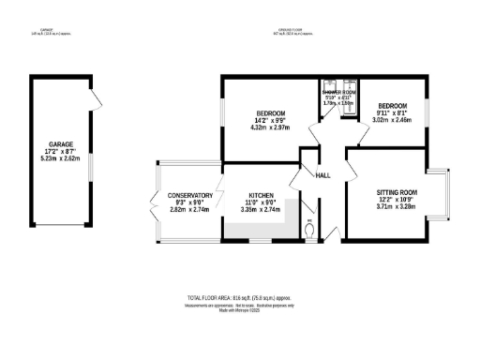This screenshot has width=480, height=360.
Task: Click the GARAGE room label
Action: pos(61,143)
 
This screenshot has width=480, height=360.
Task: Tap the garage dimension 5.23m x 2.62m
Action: pos(61,158)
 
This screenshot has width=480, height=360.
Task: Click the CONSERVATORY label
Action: pos(187,196)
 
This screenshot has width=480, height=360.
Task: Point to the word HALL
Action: pos(322,176)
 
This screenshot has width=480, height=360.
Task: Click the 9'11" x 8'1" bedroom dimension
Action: pos(394,112)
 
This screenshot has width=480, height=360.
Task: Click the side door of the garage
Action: pos(93,99)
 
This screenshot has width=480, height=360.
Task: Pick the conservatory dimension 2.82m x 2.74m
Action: pos(187,211)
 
